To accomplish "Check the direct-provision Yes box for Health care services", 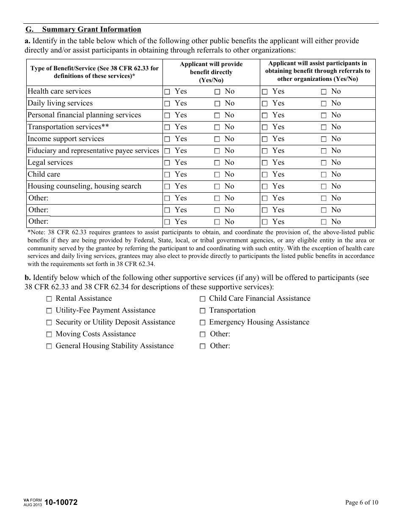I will click(167, 91).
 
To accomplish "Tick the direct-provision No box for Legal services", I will click(217, 163).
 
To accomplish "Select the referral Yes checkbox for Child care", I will click(264, 175).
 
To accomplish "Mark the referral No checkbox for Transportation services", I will click(324, 127).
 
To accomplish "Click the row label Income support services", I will click(66, 139).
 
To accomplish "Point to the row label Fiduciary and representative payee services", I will click(93, 150).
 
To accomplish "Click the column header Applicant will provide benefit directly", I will click(211, 72).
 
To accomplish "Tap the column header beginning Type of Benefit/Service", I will click(94, 72).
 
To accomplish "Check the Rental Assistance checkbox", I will click(49, 299).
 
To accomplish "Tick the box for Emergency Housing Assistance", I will click(202, 322).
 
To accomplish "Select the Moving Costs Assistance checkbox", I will click(49, 334).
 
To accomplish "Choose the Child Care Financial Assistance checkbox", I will click(202, 299).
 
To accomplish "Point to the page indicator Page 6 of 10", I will click(361, 503).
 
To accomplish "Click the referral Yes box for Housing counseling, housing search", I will click(264, 186).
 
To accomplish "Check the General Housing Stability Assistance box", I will click(49, 346).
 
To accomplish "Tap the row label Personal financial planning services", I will click(84, 115).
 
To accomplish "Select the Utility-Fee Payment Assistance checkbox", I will click(49, 310).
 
